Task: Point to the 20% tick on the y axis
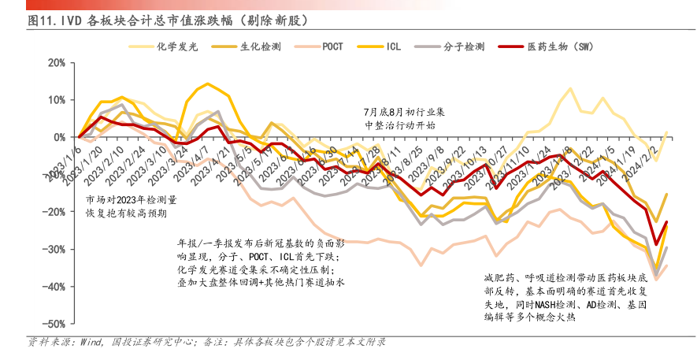point(55,62)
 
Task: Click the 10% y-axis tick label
point(55,99)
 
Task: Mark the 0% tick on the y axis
point(58,137)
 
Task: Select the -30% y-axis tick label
point(54,249)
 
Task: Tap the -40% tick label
point(54,287)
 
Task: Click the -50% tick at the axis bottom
point(54,324)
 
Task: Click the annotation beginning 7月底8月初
point(400,118)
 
